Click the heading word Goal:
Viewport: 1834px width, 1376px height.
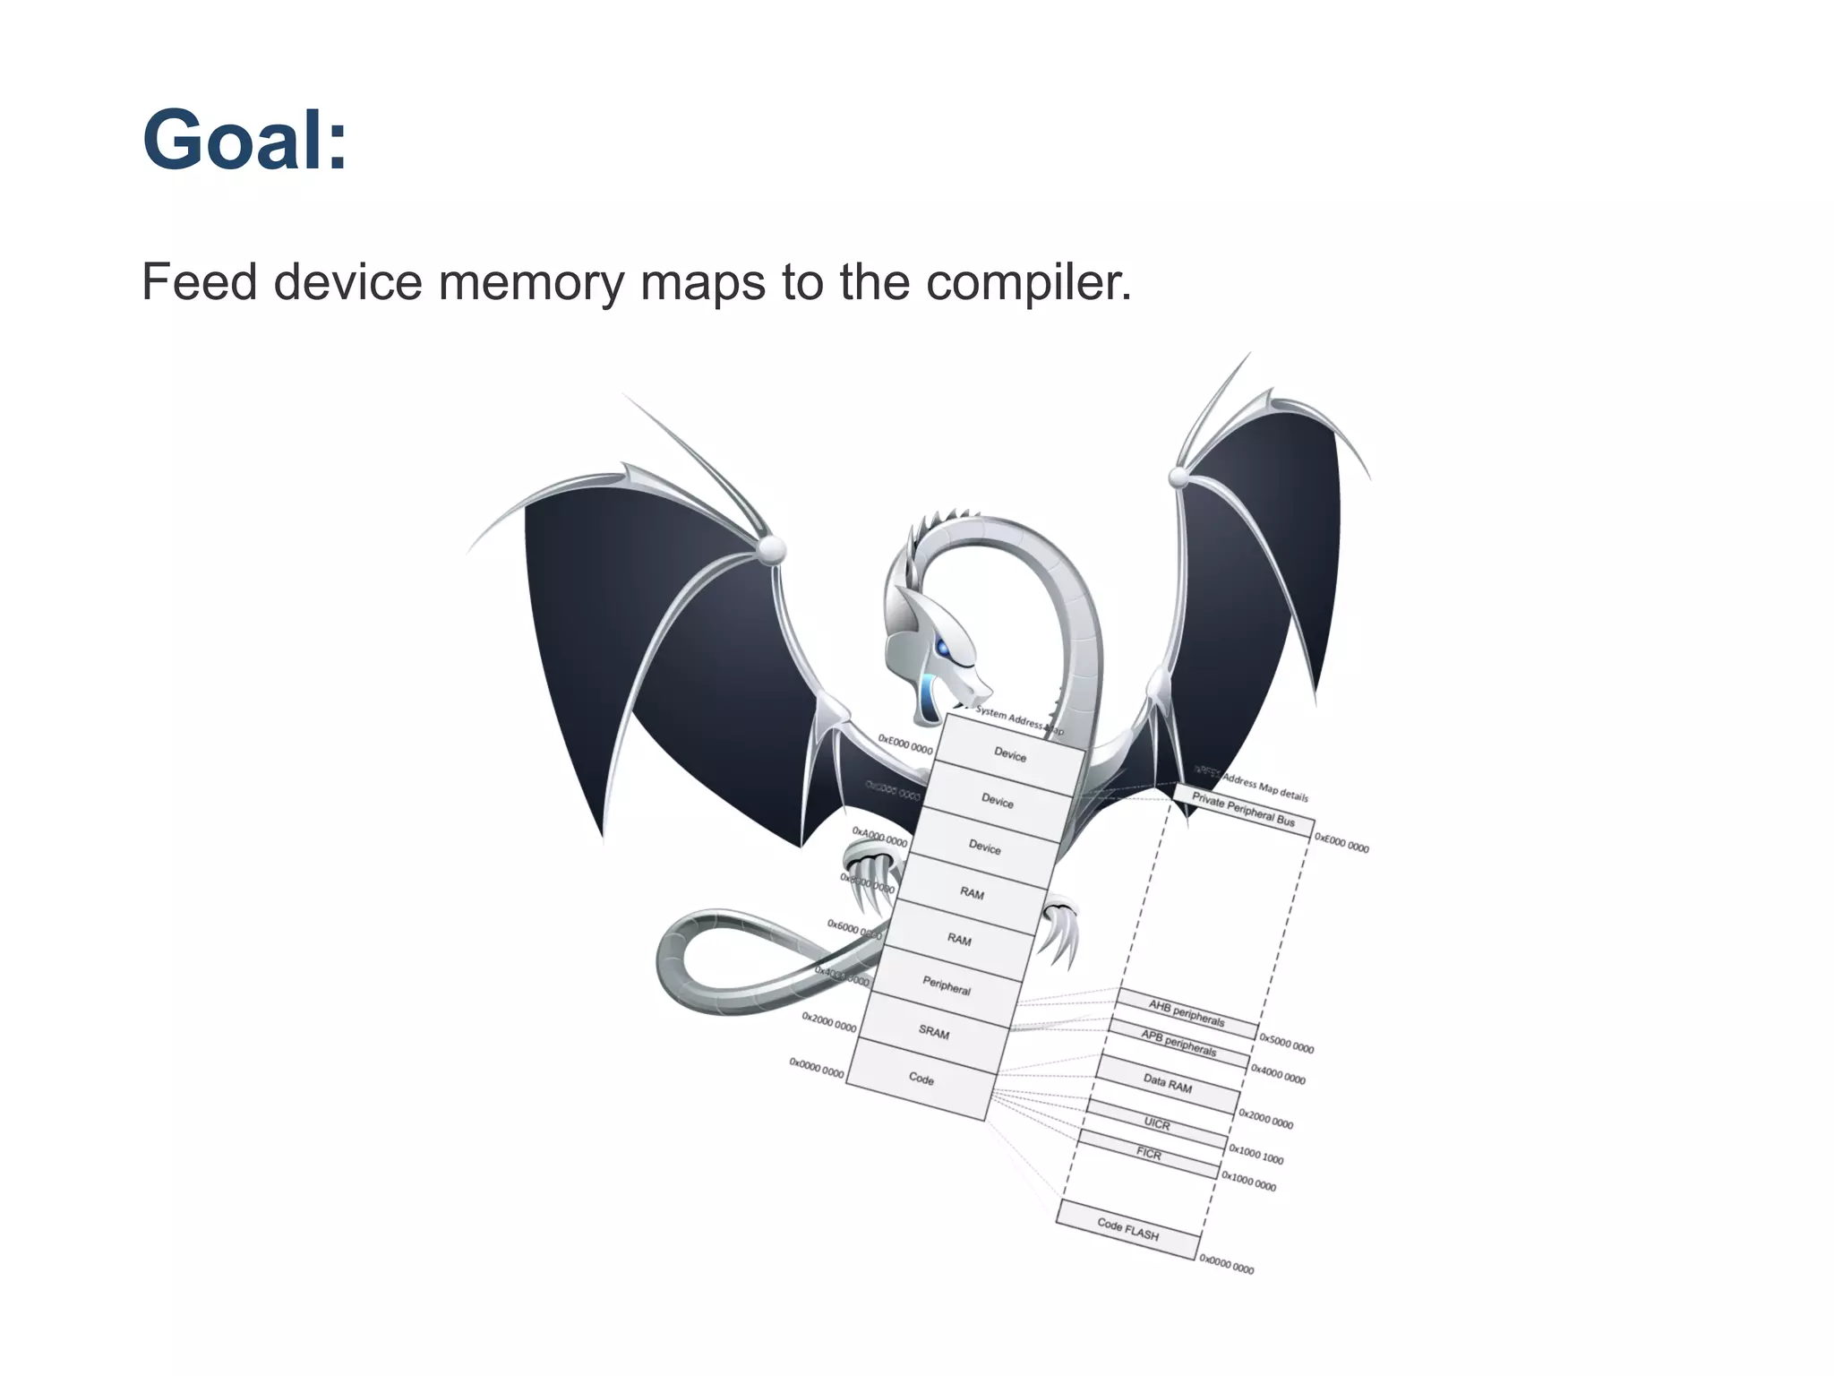(244, 140)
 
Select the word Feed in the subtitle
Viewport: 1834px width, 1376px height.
(199, 282)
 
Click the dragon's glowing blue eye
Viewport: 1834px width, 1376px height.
(943, 647)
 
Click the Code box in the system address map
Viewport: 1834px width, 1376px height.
(921, 1079)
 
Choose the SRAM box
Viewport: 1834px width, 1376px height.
(934, 1032)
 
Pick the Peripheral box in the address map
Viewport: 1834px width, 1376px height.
(947, 986)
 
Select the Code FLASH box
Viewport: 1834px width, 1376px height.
(1128, 1230)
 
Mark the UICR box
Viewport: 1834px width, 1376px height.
(1157, 1124)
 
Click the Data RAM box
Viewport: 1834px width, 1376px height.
(1168, 1084)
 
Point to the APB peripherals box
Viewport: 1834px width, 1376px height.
(1178, 1044)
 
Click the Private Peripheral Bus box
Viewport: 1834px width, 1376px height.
(1243, 809)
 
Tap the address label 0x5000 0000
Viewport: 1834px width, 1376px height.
(1287, 1045)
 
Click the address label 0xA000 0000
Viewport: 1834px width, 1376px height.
(879, 838)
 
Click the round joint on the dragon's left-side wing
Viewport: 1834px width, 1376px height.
(770, 548)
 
